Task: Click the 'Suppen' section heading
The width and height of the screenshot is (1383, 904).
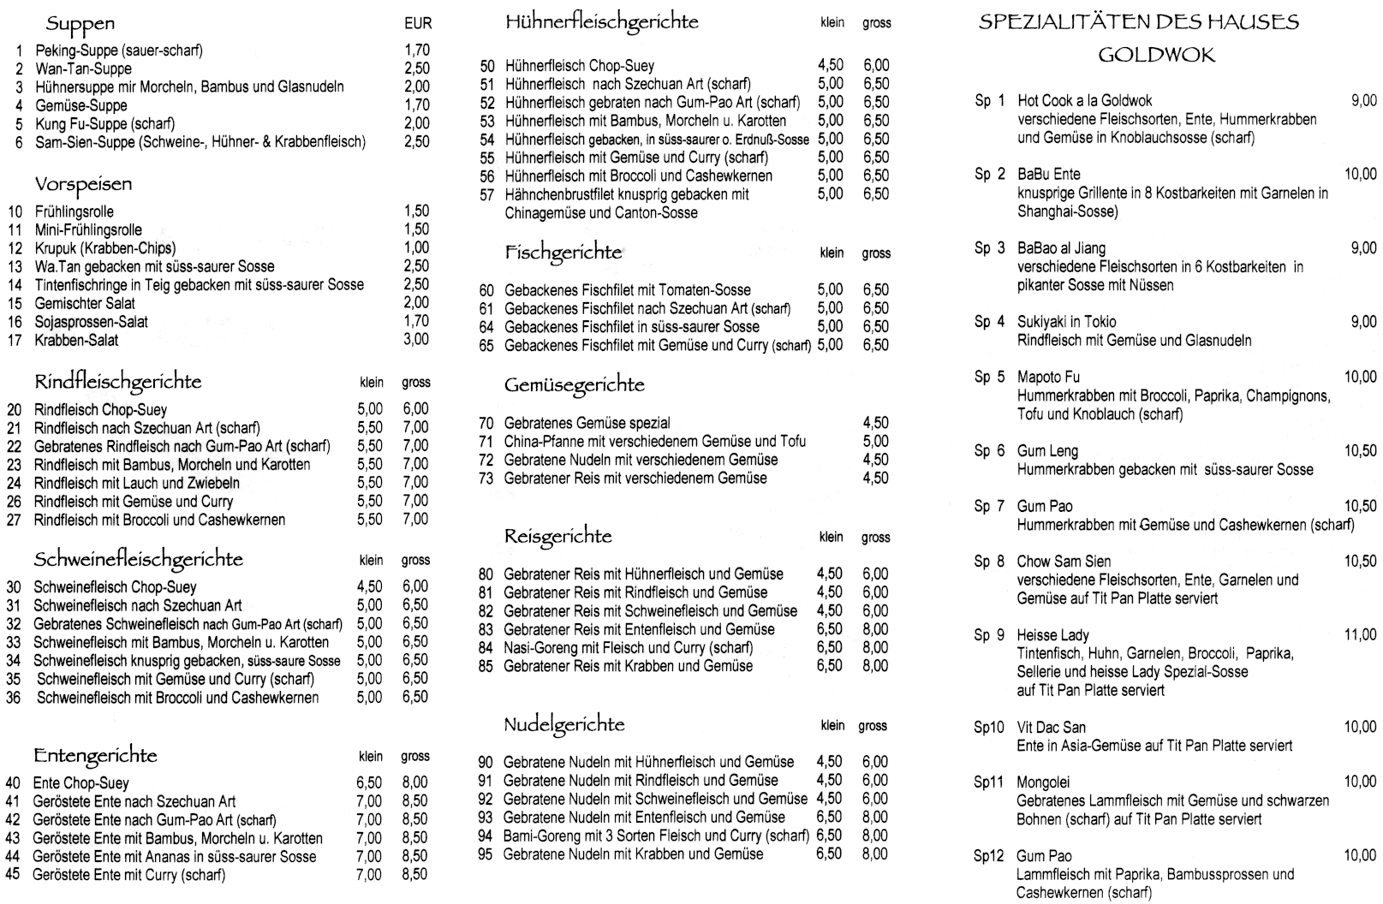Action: click(80, 23)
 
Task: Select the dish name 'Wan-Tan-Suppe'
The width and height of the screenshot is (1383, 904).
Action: click(83, 68)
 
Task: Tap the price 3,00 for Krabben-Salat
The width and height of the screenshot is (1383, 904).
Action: click(416, 340)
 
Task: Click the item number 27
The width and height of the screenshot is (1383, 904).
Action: click(14, 520)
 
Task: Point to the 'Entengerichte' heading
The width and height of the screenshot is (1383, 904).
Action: click(95, 756)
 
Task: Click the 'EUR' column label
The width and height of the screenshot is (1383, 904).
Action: click(418, 25)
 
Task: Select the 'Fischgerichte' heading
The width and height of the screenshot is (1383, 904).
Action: click(563, 253)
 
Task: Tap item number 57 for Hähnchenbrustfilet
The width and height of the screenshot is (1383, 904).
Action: click(487, 194)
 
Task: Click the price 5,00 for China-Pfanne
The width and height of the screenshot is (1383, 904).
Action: click(875, 442)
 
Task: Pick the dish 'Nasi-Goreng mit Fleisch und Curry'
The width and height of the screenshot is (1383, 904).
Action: click(628, 648)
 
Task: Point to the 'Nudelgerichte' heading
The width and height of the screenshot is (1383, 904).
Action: click(563, 725)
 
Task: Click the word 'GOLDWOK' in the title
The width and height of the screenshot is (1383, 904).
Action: click(1155, 56)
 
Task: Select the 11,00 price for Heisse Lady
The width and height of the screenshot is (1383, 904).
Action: click(1360, 635)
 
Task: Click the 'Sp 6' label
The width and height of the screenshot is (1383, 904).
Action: click(989, 451)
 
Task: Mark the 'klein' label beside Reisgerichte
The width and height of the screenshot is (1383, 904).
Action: click(831, 538)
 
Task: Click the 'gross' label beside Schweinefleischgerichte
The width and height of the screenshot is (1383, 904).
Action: click(415, 560)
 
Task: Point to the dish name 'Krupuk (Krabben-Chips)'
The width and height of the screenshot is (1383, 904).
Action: click(104, 248)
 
